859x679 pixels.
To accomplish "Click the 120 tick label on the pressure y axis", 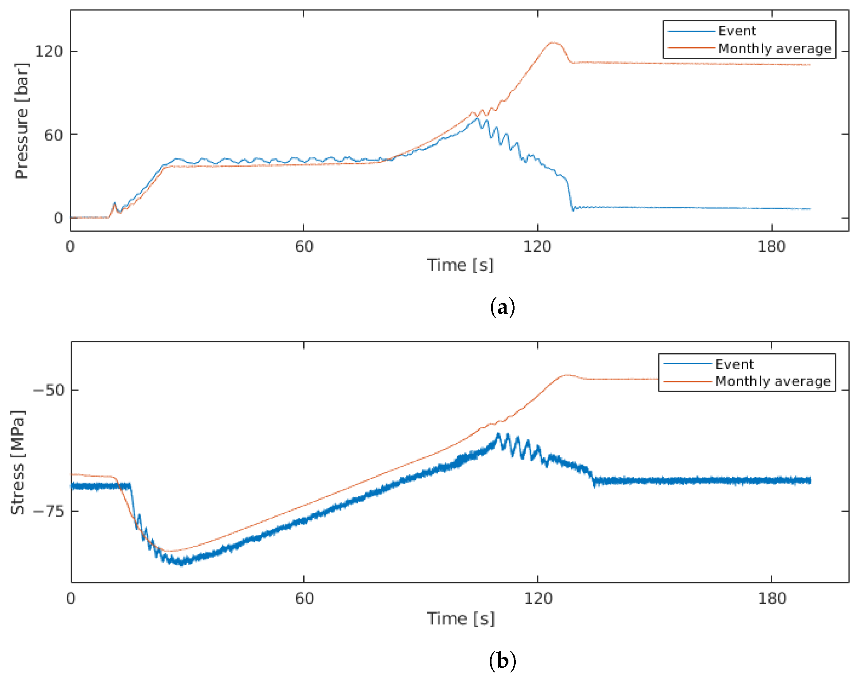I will click(49, 51).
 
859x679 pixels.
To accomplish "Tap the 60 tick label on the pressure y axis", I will click(53, 135).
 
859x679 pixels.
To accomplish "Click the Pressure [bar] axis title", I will click(22, 121).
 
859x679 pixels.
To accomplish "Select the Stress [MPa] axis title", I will click(18, 462).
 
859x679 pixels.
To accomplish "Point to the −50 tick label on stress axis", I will click(49, 390).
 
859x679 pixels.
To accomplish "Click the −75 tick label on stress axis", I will click(49, 511).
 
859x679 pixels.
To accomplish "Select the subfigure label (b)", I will click(503, 660).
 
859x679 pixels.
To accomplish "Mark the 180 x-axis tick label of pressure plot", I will click(771, 247).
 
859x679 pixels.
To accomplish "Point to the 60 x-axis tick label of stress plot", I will click(304, 598).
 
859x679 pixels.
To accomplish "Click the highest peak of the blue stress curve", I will click(498, 434).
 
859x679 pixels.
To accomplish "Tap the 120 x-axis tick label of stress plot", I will click(538, 598).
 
